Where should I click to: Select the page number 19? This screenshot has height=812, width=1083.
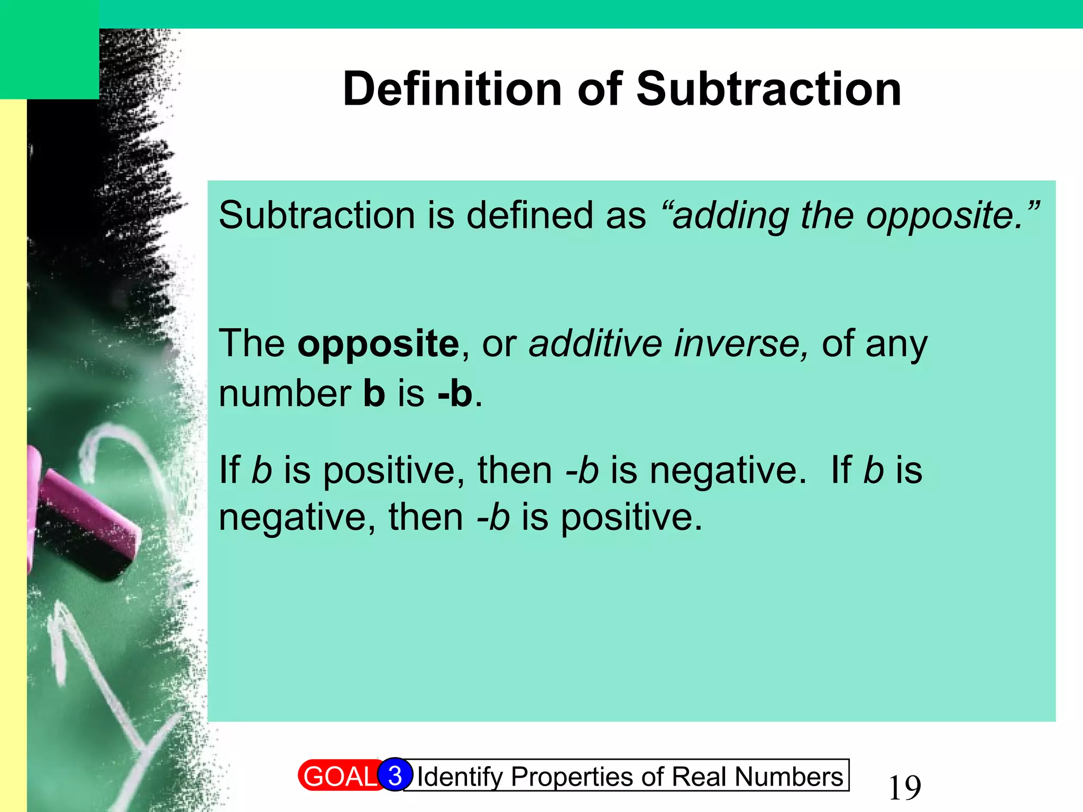coord(904,788)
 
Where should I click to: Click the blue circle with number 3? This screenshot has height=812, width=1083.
coord(395,775)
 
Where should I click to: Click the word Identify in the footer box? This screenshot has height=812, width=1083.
coord(460,777)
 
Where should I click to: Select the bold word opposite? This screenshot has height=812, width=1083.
coord(379,344)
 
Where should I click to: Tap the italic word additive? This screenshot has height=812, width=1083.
coord(595,344)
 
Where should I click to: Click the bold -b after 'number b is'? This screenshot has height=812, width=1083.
coord(455,394)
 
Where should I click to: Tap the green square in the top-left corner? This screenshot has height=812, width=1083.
coord(49,49)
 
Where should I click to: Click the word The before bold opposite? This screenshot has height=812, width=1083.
coord(252,344)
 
